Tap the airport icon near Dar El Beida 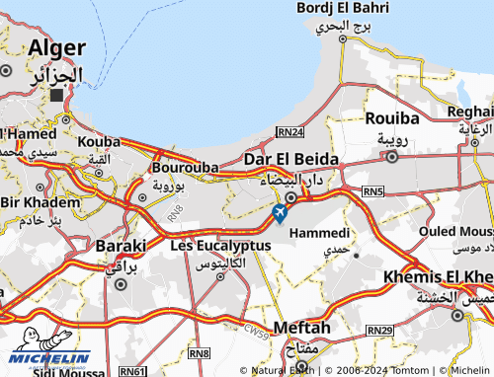coord(280,212)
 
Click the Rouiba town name coord(393,118)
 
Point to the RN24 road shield coord(289,130)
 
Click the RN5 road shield coord(372,190)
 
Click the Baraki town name coord(121,245)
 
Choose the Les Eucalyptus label coord(220,244)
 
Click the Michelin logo coord(50,359)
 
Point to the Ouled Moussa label coord(455,231)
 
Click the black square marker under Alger coord(56,97)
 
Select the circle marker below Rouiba coord(392,156)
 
